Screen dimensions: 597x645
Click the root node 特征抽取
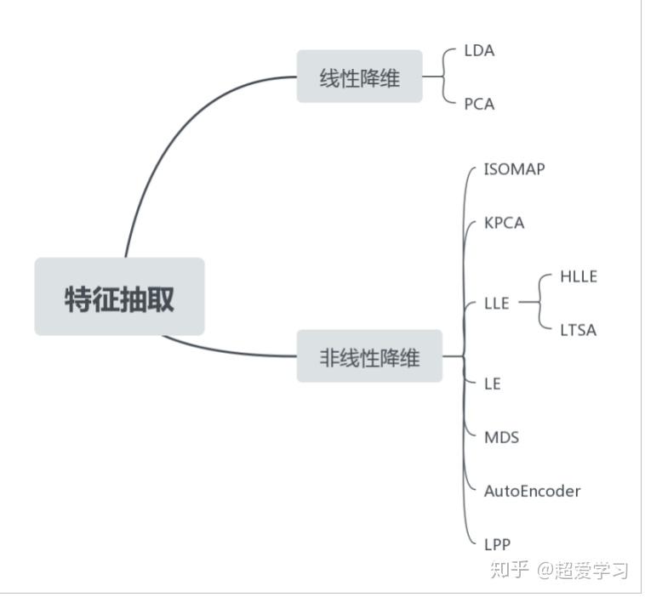[x=119, y=297]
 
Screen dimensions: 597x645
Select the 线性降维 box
[x=359, y=77]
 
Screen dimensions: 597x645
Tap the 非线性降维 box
[x=369, y=356]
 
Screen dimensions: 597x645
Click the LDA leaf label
[x=479, y=50]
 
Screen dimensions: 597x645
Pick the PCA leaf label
[x=479, y=104]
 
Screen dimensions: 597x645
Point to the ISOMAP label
[x=514, y=168]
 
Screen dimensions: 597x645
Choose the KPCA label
[x=504, y=223]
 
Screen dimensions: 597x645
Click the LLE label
[x=496, y=303]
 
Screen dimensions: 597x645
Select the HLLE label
[x=579, y=276]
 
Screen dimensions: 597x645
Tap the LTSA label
[x=579, y=330]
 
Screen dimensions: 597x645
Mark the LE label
[x=492, y=384]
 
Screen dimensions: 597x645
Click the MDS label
[x=501, y=437]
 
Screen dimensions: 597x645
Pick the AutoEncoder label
[x=532, y=491]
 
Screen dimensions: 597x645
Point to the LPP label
[x=497, y=544]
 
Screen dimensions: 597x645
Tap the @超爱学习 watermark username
[x=583, y=569]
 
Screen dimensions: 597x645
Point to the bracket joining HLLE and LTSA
[x=539, y=303]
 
